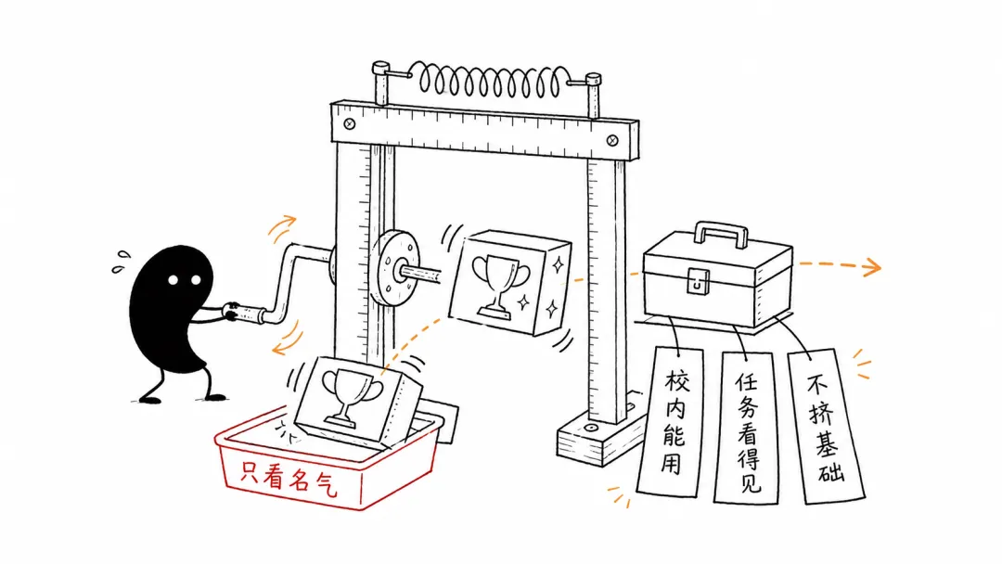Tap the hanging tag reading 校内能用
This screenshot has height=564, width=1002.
tap(671, 421)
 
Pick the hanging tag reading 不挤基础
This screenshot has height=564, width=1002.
tap(827, 426)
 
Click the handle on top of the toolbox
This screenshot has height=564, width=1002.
tap(722, 233)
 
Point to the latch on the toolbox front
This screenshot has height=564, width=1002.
tap(698, 281)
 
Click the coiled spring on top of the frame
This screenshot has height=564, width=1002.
tap(490, 81)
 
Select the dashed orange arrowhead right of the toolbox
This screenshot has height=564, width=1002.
tap(870, 267)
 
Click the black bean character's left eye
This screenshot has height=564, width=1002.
tap(173, 280)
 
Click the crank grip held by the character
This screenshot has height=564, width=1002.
tap(245, 313)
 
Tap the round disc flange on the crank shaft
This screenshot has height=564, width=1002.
tap(394, 268)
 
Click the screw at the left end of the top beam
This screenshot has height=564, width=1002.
tap(350, 124)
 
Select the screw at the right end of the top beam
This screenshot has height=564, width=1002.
tap(611, 140)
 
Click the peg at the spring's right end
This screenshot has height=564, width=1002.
tap(593, 95)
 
